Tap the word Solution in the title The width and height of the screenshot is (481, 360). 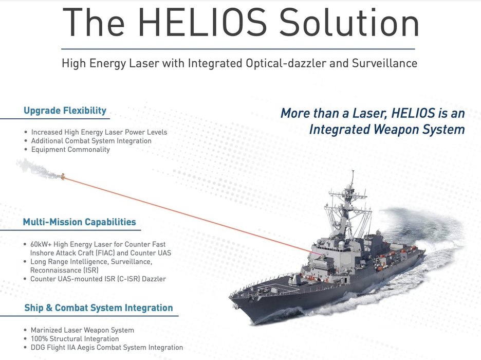(349, 22)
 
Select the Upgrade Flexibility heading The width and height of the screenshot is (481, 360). (65, 111)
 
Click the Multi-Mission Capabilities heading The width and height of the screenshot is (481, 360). (80, 222)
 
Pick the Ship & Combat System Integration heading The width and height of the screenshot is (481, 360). (99, 308)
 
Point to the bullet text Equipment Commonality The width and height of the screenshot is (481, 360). (70, 150)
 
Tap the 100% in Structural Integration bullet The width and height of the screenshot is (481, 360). (39, 339)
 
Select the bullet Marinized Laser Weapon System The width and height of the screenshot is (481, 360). (82, 330)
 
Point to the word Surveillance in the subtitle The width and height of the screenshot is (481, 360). (384, 63)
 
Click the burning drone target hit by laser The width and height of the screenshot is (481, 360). (63, 176)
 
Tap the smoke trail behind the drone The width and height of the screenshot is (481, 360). (39, 169)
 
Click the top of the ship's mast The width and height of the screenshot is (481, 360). (353, 171)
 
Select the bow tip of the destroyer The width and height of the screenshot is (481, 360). (230, 297)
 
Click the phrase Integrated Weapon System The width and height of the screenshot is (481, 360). (387, 129)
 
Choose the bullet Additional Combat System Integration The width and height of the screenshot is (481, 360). (91, 141)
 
